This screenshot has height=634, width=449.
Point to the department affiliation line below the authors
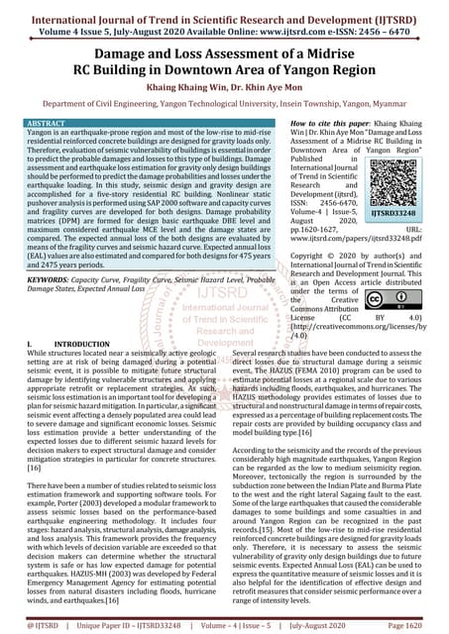[224, 100]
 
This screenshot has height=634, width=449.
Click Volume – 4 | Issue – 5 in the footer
[237, 625]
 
